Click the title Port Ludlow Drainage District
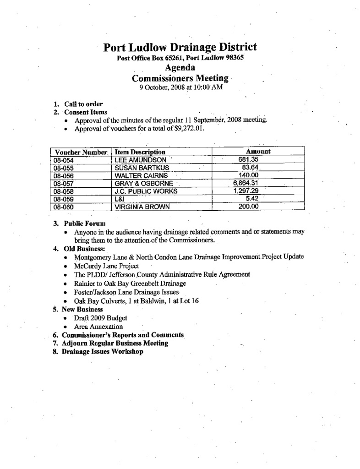pyautogui.click(x=180, y=47)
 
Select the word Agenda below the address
pyautogui.click(x=180, y=68)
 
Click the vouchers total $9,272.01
pyautogui.click(x=189, y=129)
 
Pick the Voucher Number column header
pyautogui.click(x=81, y=152)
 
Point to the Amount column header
pyautogui.click(x=258, y=151)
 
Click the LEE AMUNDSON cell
pyautogui.click(x=136, y=160)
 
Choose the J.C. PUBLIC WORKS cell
pyautogui.click(x=145, y=191)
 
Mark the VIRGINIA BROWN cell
pyautogui.click(x=142, y=207)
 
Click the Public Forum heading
pyautogui.click(x=85, y=224)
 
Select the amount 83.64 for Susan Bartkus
pyautogui.click(x=251, y=167)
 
